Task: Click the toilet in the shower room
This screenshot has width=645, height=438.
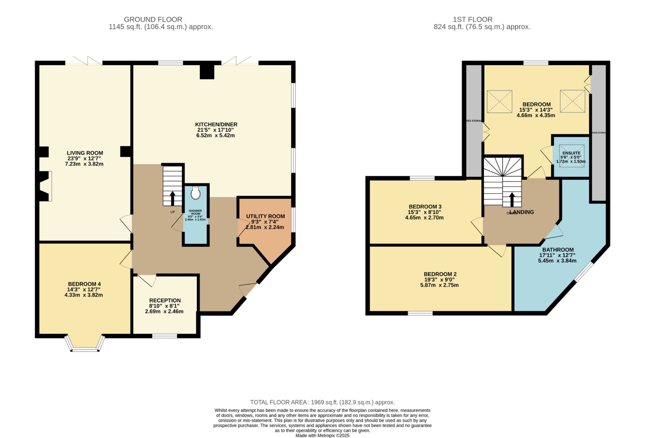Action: point(196,193)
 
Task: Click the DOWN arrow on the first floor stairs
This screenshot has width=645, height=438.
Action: point(512,200)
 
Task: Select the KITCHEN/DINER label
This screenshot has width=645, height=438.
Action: point(216,124)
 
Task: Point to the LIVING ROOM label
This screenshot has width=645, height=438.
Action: point(85,153)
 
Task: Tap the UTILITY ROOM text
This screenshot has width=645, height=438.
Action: point(265,216)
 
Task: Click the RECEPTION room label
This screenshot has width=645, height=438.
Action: point(165,301)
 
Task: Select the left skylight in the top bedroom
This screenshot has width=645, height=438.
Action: point(499,101)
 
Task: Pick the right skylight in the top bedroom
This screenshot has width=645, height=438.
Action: point(573,101)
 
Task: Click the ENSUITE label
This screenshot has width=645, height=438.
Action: point(571,153)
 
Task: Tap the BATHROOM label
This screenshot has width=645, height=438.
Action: point(558,250)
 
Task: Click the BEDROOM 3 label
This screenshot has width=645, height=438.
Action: point(425,207)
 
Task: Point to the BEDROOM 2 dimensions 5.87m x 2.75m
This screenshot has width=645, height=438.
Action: point(439,285)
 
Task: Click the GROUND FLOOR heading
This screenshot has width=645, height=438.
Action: point(153,20)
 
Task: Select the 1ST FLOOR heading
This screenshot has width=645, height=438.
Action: point(472,20)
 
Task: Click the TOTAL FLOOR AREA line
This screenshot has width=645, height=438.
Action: point(322,402)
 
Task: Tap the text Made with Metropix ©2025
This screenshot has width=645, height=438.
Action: point(322,435)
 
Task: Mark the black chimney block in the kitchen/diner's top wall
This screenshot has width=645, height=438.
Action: point(207,72)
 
